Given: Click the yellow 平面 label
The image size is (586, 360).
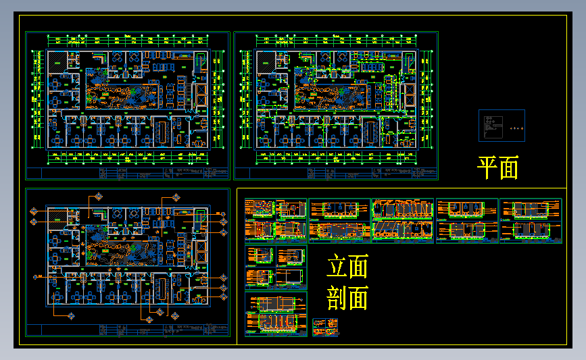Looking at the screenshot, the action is (x=498, y=168).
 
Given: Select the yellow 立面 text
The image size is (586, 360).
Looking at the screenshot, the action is (x=347, y=267).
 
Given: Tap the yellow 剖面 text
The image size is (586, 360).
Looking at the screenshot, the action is (x=347, y=298).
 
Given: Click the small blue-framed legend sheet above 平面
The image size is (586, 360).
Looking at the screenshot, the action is (x=502, y=126).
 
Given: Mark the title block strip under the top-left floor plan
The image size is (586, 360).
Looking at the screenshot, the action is (x=127, y=174).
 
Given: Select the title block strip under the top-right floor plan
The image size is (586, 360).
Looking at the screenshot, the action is (x=335, y=174).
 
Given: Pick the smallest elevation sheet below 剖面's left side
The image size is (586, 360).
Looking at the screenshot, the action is (x=326, y=327).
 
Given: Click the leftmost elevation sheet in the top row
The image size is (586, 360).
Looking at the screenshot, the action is (x=276, y=220).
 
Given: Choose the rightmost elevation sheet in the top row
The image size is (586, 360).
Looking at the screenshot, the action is (x=531, y=220).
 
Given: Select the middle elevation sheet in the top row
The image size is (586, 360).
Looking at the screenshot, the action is (x=403, y=220).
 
